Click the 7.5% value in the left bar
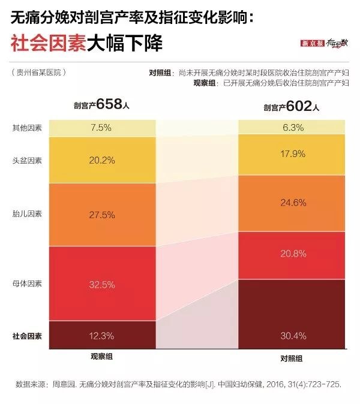point(102,127)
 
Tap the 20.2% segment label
point(102,160)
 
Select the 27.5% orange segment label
point(102,214)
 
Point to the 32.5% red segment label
point(102,285)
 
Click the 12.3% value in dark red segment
point(102,335)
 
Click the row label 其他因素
point(27,128)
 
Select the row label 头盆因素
point(27,160)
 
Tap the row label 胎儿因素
point(27,213)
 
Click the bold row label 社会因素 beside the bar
point(27,336)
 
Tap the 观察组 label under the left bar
point(101,356)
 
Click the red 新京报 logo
point(313,44)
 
